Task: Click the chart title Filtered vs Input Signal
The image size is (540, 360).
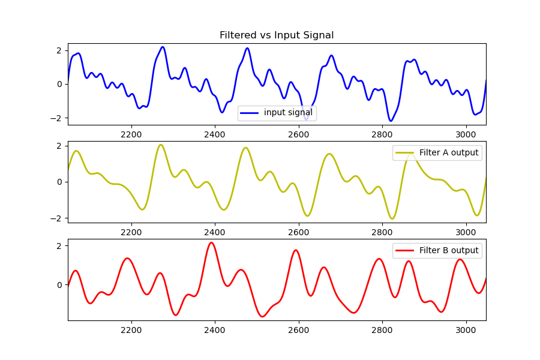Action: tap(277, 35)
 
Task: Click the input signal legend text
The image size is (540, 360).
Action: tap(288, 113)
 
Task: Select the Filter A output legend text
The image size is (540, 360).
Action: tap(449, 153)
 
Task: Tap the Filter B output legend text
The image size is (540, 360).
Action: tap(449, 251)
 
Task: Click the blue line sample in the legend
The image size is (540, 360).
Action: tap(250, 113)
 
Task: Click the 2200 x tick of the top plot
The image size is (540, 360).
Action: tap(131, 134)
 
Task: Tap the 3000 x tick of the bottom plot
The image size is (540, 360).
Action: tap(465, 330)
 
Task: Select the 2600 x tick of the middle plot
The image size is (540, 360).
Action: tap(298, 232)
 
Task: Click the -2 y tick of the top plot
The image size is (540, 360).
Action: tap(58, 118)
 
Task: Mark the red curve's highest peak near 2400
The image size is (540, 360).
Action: tap(211, 242)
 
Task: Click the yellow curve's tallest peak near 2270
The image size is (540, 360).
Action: tap(161, 145)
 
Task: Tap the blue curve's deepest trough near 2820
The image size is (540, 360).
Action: tap(391, 121)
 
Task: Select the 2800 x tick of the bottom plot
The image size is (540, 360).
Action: tap(382, 330)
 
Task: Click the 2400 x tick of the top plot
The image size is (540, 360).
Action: tap(214, 134)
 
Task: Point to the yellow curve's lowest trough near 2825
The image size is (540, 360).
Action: tap(392, 218)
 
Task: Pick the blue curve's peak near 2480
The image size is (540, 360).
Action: tap(247, 48)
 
